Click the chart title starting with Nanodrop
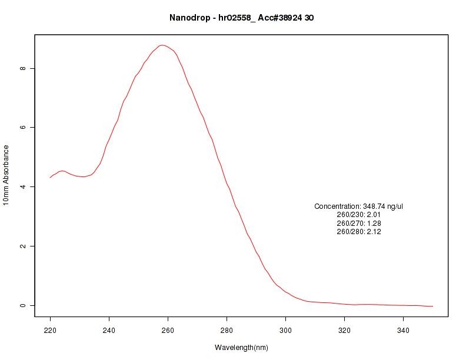(241, 18)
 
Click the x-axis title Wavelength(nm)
(241, 347)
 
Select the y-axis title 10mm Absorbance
(6, 175)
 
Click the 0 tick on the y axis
(23, 305)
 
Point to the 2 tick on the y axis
(23, 246)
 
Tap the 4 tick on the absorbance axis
(23, 187)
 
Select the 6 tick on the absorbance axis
(23, 128)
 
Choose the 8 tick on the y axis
(23, 68)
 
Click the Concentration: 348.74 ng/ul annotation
(359, 206)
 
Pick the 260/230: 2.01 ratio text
(359, 215)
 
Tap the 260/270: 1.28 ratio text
(359, 224)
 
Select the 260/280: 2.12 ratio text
(359, 232)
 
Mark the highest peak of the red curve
(163, 45)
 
